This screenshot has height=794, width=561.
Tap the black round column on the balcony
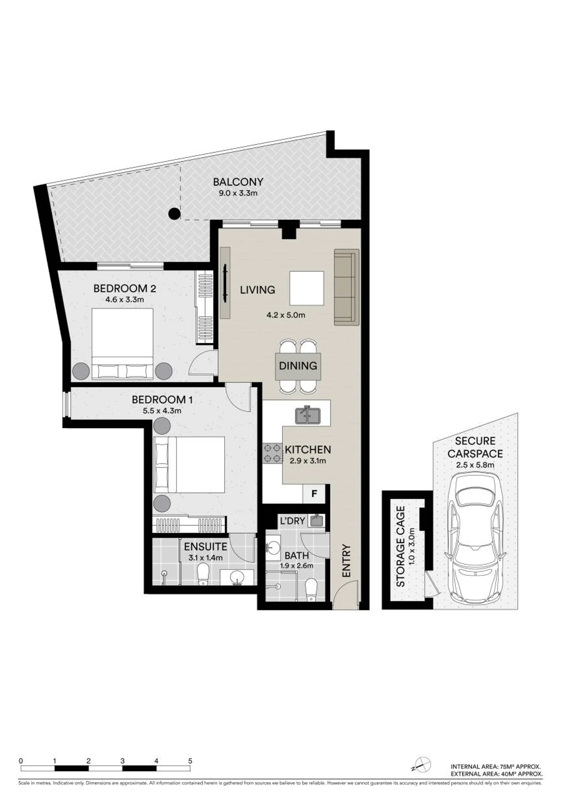pyautogui.click(x=174, y=214)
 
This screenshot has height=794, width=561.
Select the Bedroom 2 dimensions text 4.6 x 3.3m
pyautogui.click(x=124, y=299)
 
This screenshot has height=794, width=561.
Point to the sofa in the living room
pyautogui.click(x=346, y=287)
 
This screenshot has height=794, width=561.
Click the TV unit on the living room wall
pyautogui.click(x=225, y=283)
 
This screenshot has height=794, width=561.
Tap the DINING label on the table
pyautogui.click(x=298, y=365)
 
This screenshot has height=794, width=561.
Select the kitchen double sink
pyautogui.click(x=308, y=415)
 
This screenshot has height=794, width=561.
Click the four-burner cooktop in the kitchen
pyautogui.click(x=272, y=454)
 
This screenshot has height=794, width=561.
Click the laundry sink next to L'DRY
pyautogui.click(x=316, y=521)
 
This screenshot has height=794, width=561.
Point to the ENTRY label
pyautogui.click(x=347, y=561)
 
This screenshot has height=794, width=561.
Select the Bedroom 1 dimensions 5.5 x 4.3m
pyautogui.click(x=162, y=411)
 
